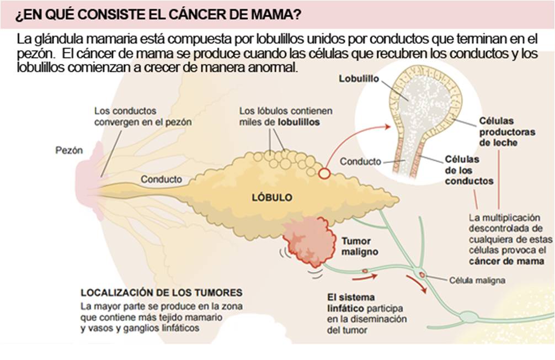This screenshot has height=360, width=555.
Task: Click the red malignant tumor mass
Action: click(x=309, y=242)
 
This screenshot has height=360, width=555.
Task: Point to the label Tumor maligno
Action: click(x=360, y=246)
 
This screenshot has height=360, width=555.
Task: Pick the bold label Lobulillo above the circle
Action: click(x=359, y=79)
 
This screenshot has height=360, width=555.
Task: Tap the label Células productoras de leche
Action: click(x=496, y=131)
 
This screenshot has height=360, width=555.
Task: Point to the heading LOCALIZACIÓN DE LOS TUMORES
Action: click(x=162, y=292)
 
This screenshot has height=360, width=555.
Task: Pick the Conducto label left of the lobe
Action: click(x=161, y=179)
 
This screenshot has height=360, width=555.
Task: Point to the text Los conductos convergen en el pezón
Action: click(x=143, y=117)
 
